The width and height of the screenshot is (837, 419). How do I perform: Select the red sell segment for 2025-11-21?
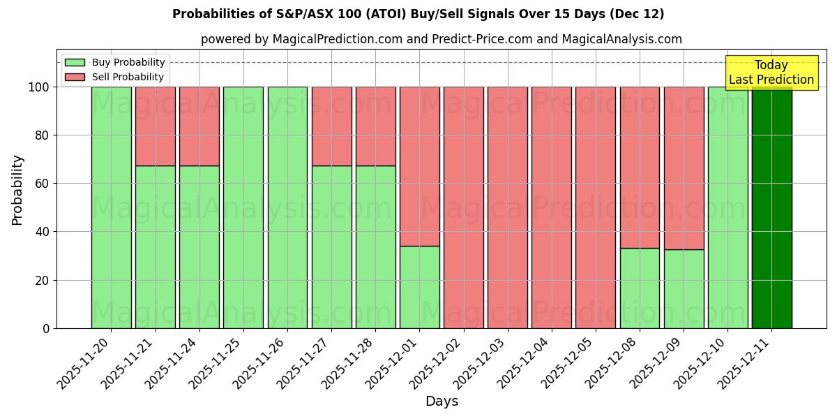pos(155,126)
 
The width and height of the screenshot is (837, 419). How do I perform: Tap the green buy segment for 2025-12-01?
pos(419,286)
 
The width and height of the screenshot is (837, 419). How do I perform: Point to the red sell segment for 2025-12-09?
pos(684,168)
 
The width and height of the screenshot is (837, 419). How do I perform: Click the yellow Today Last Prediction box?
pos(771,73)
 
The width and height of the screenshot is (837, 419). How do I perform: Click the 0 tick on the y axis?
pos(46,328)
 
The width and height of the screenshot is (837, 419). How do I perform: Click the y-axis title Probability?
pos(17,190)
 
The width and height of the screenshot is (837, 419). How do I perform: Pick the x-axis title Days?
pos(442,402)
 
